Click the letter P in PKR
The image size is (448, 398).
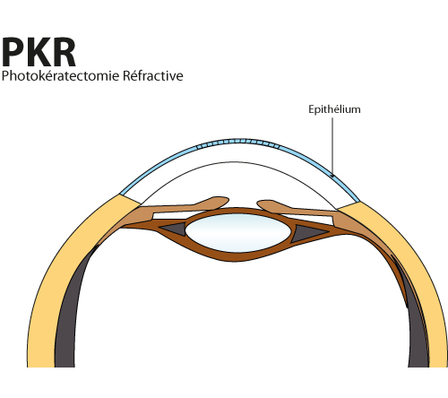[x=13, y=52]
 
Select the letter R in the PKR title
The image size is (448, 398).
[x=64, y=52]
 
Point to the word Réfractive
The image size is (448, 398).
[x=153, y=75]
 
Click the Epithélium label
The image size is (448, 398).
[x=334, y=109]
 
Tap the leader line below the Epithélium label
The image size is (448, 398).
[x=332, y=146]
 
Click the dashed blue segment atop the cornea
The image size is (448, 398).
[x=238, y=143]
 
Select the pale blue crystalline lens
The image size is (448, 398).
[x=237, y=233]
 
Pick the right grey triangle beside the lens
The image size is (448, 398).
[x=306, y=232]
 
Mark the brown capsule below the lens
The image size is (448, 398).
[x=236, y=256]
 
